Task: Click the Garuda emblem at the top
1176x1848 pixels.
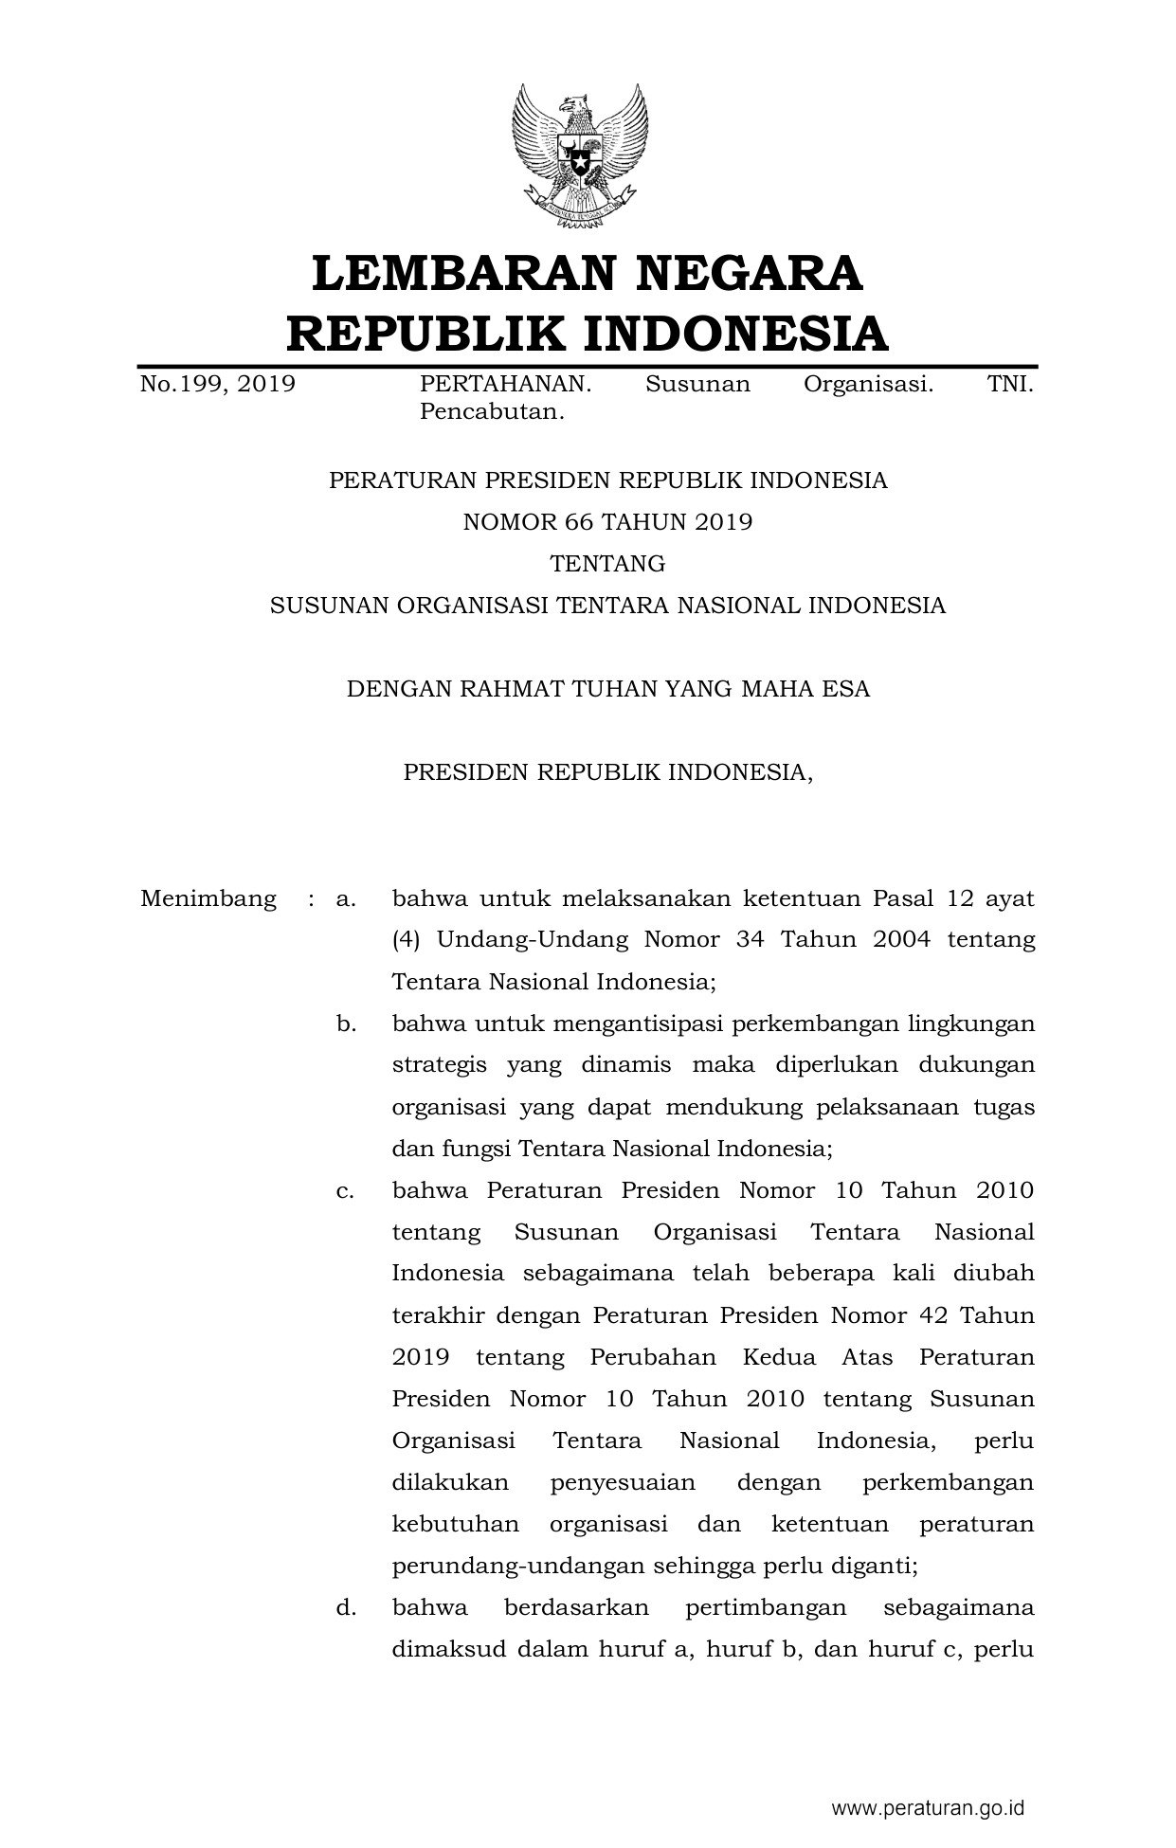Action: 580,156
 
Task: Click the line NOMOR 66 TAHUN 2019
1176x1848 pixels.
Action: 607,522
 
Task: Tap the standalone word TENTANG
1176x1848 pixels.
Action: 607,564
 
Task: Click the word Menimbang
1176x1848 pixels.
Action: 208,898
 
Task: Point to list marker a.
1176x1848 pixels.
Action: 345,898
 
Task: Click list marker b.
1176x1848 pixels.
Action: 345,1024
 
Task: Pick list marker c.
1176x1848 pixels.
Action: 345,1190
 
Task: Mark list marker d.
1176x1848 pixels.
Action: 345,1607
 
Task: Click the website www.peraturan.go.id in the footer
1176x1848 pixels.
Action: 928,1807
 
